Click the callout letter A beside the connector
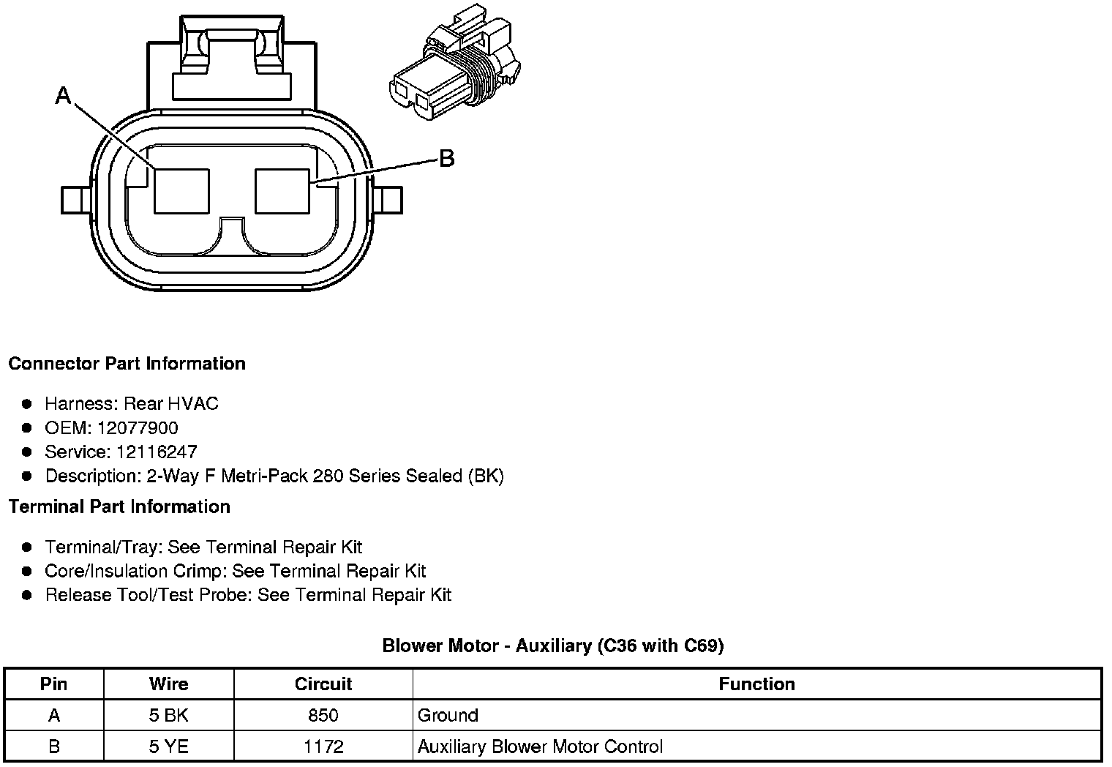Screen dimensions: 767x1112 [64, 95]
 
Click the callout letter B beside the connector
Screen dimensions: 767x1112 [446, 158]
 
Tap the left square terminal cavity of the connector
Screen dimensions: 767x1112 [181, 191]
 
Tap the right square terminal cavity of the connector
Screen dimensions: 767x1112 [282, 191]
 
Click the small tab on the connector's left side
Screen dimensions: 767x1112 [75, 200]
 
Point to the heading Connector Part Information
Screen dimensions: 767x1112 [127, 364]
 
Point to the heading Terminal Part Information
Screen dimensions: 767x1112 [119, 506]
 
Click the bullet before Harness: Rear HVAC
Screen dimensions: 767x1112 [27, 404]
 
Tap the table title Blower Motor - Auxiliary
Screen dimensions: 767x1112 [553, 646]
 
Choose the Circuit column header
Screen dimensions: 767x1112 [323, 684]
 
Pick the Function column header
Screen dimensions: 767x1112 [756, 684]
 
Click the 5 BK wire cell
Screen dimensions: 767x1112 [168, 716]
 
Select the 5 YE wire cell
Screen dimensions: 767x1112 [168, 747]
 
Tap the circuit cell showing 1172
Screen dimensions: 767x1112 [323, 747]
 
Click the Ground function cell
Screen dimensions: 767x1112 [448, 716]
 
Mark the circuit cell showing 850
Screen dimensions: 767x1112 [323, 716]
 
